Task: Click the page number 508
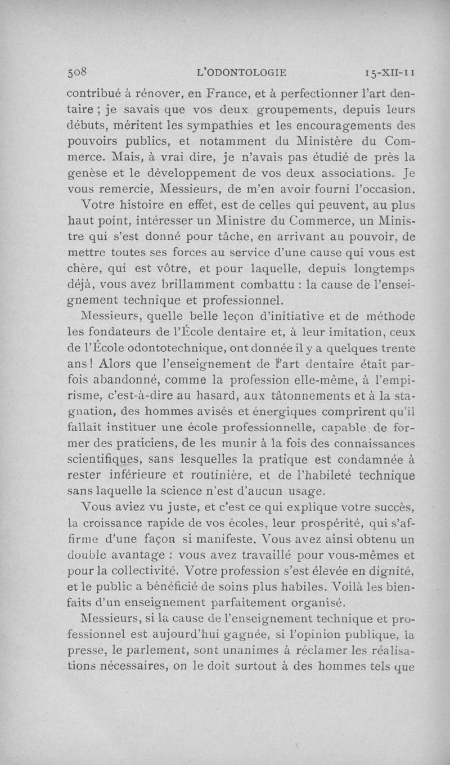click(79, 72)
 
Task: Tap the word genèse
click(86, 170)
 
